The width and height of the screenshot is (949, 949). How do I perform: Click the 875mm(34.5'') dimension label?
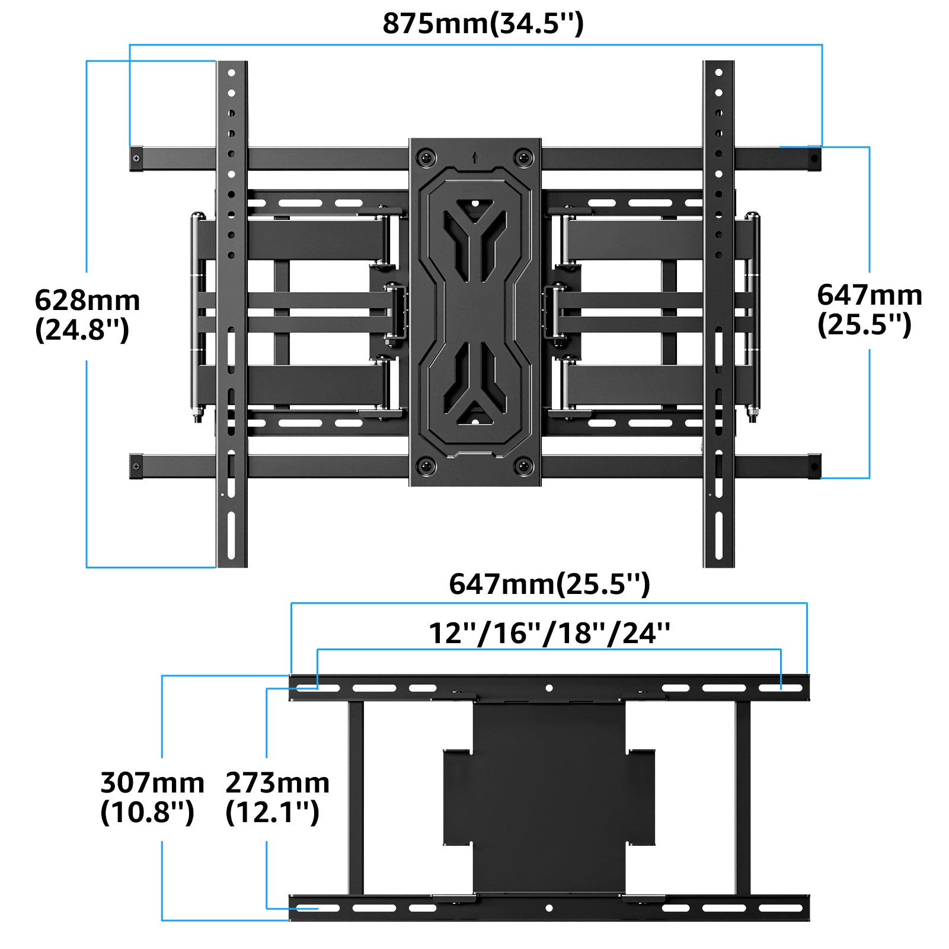pyautogui.click(x=483, y=24)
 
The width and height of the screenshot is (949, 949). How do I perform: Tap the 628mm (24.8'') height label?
pyautogui.click(x=87, y=315)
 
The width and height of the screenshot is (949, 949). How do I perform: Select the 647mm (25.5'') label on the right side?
pyautogui.click(x=869, y=309)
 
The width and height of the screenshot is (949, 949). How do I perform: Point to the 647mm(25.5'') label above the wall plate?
pyautogui.click(x=549, y=584)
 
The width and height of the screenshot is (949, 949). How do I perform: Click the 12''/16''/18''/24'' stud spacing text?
pyautogui.click(x=549, y=633)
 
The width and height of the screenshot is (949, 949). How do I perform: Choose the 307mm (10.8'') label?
pyautogui.click(x=152, y=797)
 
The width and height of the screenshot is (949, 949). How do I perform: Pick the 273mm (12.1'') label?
pyautogui.click(x=277, y=797)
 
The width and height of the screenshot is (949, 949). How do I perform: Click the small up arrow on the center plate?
pyautogui.click(x=474, y=158)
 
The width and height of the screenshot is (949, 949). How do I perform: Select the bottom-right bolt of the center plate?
pyautogui.click(x=523, y=466)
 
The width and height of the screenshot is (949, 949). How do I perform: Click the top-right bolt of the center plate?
pyautogui.click(x=523, y=158)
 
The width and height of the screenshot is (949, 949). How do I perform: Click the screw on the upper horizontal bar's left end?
pyautogui.click(x=137, y=159)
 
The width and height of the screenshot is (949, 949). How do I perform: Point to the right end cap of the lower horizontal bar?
pyautogui.click(x=814, y=466)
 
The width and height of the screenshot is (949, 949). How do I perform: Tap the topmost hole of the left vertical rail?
pyautogui.click(x=231, y=74)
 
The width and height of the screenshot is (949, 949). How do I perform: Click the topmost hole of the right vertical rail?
pyautogui.click(x=718, y=74)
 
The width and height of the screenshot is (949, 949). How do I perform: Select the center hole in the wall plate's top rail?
pyautogui.click(x=549, y=688)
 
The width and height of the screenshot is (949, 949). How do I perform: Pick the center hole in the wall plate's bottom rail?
pyautogui.click(x=549, y=908)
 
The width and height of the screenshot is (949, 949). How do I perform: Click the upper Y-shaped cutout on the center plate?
pyautogui.click(x=474, y=237)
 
